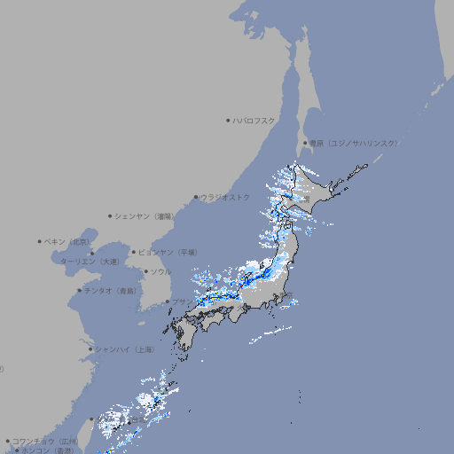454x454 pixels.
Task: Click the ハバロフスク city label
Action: pos(254,120)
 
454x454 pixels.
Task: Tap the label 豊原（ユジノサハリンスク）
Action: pos(353,143)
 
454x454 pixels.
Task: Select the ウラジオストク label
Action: pos(225,197)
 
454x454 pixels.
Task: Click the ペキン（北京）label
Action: pos(67,241)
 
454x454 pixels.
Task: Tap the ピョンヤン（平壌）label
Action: pos(168,252)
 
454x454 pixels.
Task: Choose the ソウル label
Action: pos(160,271)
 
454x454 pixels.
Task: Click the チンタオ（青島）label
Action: pos(111,290)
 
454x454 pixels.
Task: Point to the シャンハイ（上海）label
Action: pos(123,349)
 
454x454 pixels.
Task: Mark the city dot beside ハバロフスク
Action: pos(228,120)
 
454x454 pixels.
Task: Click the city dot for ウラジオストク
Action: pos(196,197)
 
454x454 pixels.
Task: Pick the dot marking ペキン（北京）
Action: pos(39,241)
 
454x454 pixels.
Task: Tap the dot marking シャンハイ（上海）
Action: pos(90,349)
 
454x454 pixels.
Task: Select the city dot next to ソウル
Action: pos(145,271)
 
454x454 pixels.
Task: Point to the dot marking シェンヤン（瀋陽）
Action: pos(110,215)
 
